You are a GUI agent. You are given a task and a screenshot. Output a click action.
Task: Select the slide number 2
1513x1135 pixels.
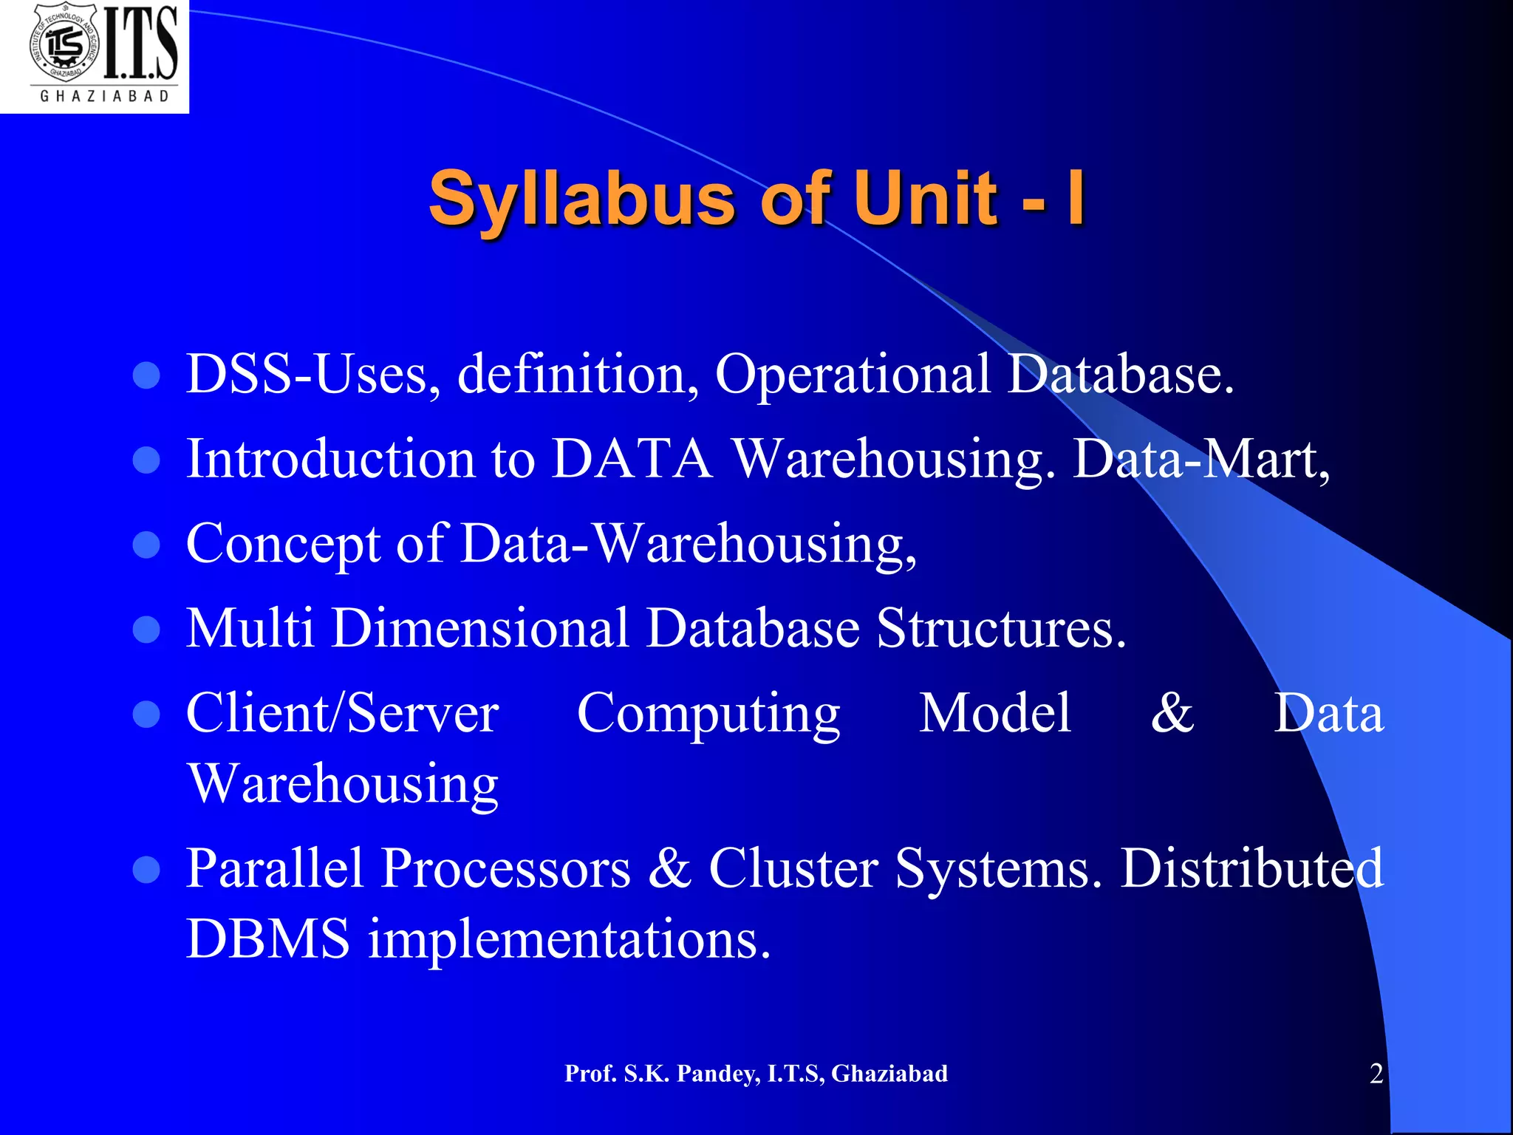[x=1376, y=1073]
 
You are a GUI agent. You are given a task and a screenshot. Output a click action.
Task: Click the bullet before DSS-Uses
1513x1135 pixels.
[x=146, y=375]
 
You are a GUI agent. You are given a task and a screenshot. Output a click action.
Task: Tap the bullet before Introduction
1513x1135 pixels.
[x=146, y=460]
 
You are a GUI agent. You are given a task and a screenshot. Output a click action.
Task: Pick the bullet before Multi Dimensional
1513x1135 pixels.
[x=146, y=630]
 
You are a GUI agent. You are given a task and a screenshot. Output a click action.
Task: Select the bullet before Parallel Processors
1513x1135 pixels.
[x=146, y=870]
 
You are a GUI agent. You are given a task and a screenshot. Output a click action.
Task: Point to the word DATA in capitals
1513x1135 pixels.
[x=632, y=460]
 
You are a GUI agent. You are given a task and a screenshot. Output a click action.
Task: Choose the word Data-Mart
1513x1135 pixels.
[x=1201, y=460]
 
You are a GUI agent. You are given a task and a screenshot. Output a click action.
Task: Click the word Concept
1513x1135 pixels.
[x=283, y=545]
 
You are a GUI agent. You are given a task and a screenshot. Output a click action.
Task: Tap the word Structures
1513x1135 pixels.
[x=1000, y=630]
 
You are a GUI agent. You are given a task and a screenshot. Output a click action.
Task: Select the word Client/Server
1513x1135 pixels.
[x=342, y=714]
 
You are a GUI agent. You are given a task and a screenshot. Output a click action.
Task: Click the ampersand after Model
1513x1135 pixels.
[x=1172, y=714]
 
